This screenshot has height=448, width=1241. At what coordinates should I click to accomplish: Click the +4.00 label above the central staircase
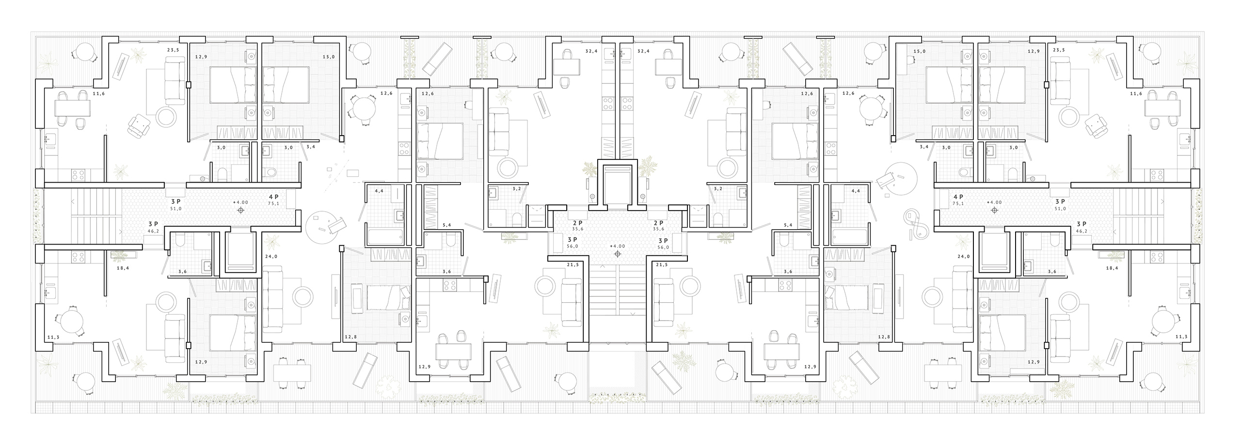coord(617,246)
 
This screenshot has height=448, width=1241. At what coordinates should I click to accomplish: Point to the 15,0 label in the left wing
coord(329,57)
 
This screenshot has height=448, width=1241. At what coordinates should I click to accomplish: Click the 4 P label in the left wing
coord(274,197)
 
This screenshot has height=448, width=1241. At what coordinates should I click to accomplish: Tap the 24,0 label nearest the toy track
coord(963,257)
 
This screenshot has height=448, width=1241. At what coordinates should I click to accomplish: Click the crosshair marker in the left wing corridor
coord(240,210)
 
